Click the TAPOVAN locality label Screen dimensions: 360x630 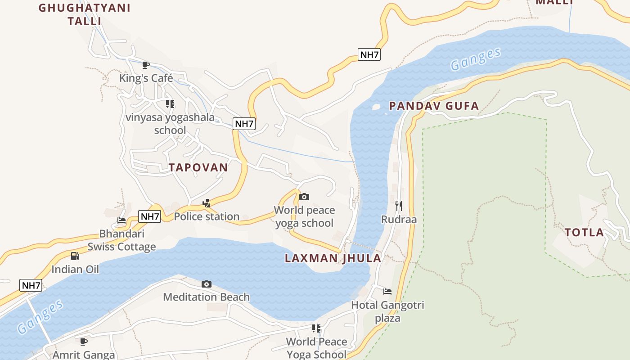coord(198,167)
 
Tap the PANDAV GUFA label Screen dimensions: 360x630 coord(434,106)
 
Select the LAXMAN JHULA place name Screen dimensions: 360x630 coord(333,258)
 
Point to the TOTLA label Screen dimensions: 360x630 coord(584,233)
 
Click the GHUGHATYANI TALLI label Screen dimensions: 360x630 coord(85,14)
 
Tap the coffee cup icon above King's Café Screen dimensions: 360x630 coord(145,65)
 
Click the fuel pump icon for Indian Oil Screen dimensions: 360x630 coord(75,256)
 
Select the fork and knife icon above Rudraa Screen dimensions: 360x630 coord(398,206)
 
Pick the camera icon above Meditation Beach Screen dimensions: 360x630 coord(207,284)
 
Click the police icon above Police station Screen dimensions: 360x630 coord(207,203)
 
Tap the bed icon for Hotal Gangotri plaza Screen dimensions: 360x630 coord(387,292)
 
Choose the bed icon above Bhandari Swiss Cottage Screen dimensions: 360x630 coord(121,220)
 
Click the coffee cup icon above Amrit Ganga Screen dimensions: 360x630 coord(84,342)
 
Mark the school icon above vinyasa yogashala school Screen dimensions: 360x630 coord(170,104)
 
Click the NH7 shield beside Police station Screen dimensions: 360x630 coord(150,216)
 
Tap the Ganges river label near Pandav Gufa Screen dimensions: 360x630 coord(476,59)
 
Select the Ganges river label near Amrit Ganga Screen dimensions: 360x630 coord(40,317)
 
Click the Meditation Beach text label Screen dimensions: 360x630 coord(206,297)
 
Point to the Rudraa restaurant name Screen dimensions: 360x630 coord(399,220)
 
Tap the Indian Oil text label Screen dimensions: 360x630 coord(75,270)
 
